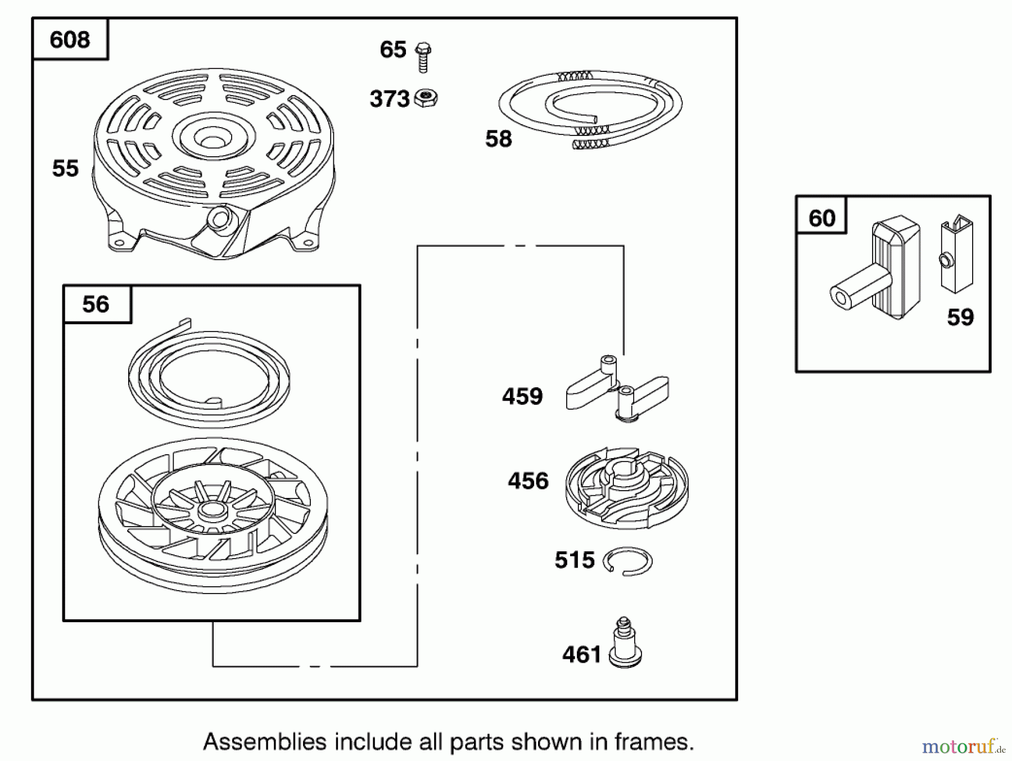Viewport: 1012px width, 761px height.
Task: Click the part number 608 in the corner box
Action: (70, 40)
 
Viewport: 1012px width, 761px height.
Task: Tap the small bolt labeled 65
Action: (423, 57)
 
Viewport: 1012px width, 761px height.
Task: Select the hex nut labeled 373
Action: (426, 98)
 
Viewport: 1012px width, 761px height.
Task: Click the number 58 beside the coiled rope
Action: (499, 139)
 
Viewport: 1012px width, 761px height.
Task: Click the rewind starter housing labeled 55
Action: (214, 164)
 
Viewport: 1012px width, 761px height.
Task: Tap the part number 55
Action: (65, 169)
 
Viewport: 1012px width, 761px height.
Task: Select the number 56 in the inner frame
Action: (96, 304)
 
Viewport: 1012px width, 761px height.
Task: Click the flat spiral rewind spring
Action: (209, 373)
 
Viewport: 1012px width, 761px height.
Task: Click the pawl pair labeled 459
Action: (617, 388)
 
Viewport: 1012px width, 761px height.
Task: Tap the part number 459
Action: (522, 396)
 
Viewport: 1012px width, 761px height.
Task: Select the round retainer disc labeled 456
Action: (627, 488)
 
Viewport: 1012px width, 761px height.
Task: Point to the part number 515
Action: (575, 560)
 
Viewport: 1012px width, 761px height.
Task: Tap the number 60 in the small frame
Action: (822, 218)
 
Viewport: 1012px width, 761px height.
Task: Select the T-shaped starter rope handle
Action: (875, 268)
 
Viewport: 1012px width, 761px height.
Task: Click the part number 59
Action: (960, 317)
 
